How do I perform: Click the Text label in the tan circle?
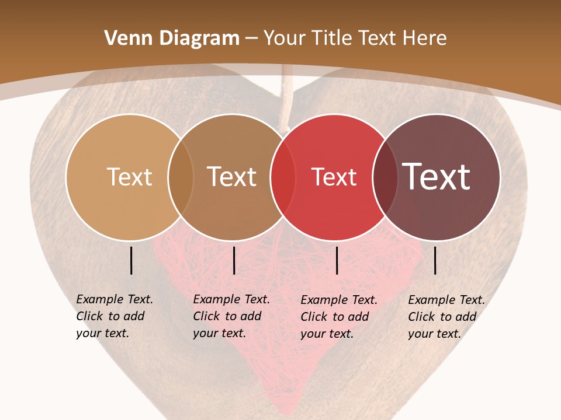[x=129, y=177]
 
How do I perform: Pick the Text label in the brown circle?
[x=232, y=177]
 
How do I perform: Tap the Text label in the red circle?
[x=334, y=177]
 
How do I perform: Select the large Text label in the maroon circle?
[x=437, y=176]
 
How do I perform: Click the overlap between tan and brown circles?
[x=181, y=177]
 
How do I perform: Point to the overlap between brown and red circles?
[x=283, y=177]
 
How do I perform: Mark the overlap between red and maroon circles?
[x=386, y=177]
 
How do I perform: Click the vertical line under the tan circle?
[x=131, y=260]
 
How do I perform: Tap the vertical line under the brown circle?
[x=234, y=260]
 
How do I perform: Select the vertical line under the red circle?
[x=337, y=260]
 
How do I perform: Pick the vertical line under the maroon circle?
[x=435, y=260]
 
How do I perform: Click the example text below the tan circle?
[x=115, y=316]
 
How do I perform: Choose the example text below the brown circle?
[x=231, y=316]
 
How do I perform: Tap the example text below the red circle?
[x=339, y=317]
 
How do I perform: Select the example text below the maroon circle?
[x=446, y=317]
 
